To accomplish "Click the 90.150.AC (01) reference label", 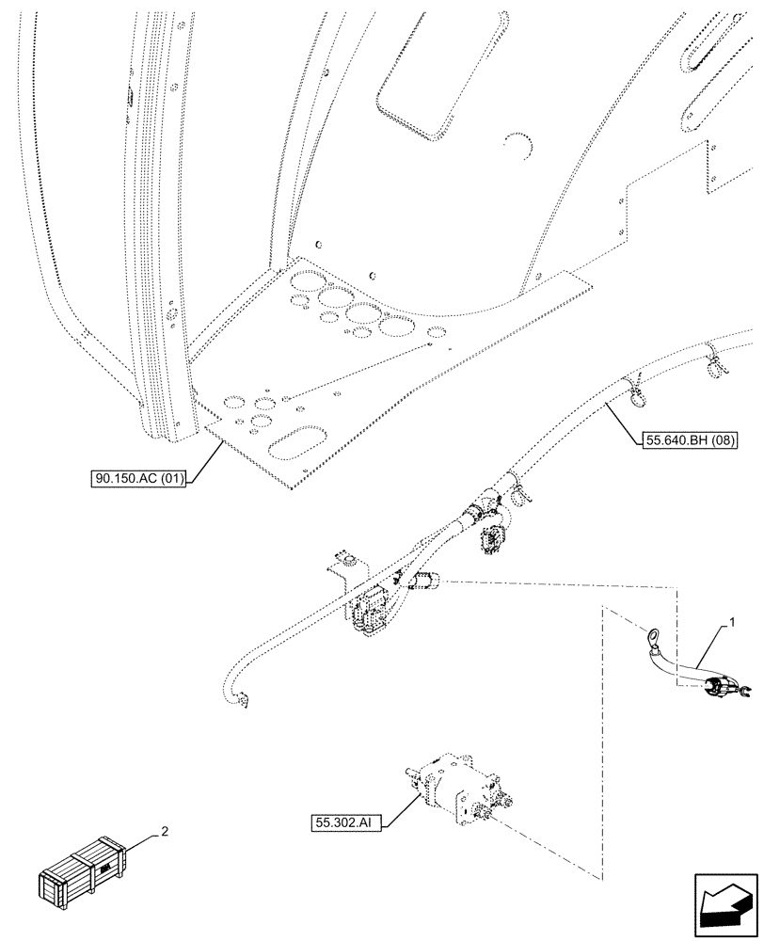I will [140, 479].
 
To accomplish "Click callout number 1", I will [730, 623].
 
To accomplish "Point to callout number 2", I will [165, 832].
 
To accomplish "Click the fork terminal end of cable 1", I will [741, 695].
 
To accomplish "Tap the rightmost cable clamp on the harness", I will [714, 359].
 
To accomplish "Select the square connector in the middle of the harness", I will [490, 543].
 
